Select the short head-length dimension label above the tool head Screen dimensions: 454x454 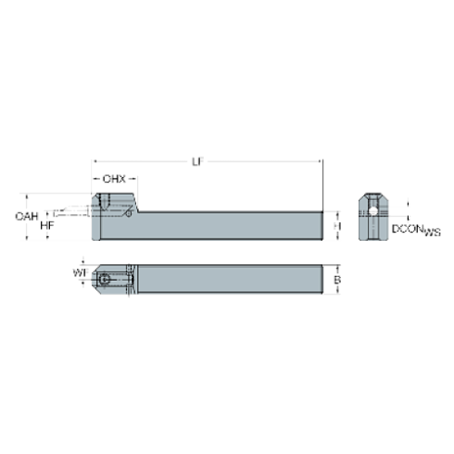point(115,178)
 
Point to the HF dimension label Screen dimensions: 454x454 point(46,223)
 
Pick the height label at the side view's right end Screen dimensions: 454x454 point(338,223)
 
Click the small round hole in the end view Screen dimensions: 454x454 point(372,211)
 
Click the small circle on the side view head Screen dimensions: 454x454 point(126,208)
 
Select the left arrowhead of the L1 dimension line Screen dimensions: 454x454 point(95,161)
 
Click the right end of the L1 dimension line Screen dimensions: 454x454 point(321,161)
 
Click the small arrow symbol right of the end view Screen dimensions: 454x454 point(404,206)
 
